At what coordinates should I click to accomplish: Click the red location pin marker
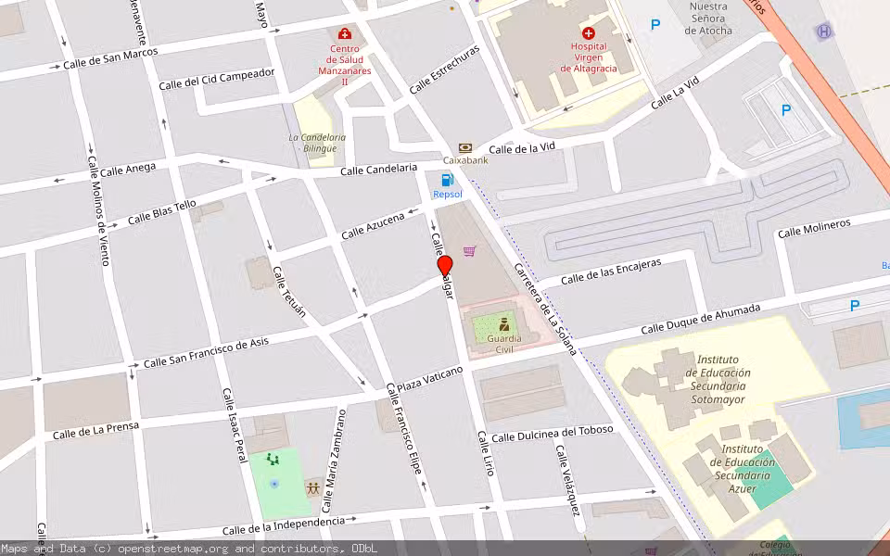(x=445, y=266)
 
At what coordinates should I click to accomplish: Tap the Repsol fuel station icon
(x=448, y=180)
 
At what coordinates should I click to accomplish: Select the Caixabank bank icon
(x=464, y=147)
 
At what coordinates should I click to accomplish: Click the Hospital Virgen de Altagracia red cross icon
(x=589, y=32)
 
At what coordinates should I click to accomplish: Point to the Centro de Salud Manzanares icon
(x=345, y=34)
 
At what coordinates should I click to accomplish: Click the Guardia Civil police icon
(x=504, y=324)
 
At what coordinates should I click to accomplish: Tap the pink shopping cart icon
(x=470, y=250)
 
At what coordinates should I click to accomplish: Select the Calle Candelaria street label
(x=379, y=170)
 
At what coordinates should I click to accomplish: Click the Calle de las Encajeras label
(x=611, y=271)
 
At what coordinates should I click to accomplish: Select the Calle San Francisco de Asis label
(x=206, y=352)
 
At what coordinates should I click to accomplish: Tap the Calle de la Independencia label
(x=283, y=525)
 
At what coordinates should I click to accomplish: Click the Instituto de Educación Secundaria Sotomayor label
(x=718, y=379)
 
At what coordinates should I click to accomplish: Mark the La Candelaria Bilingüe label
(x=317, y=143)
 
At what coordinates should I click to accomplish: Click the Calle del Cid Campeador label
(x=217, y=78)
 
